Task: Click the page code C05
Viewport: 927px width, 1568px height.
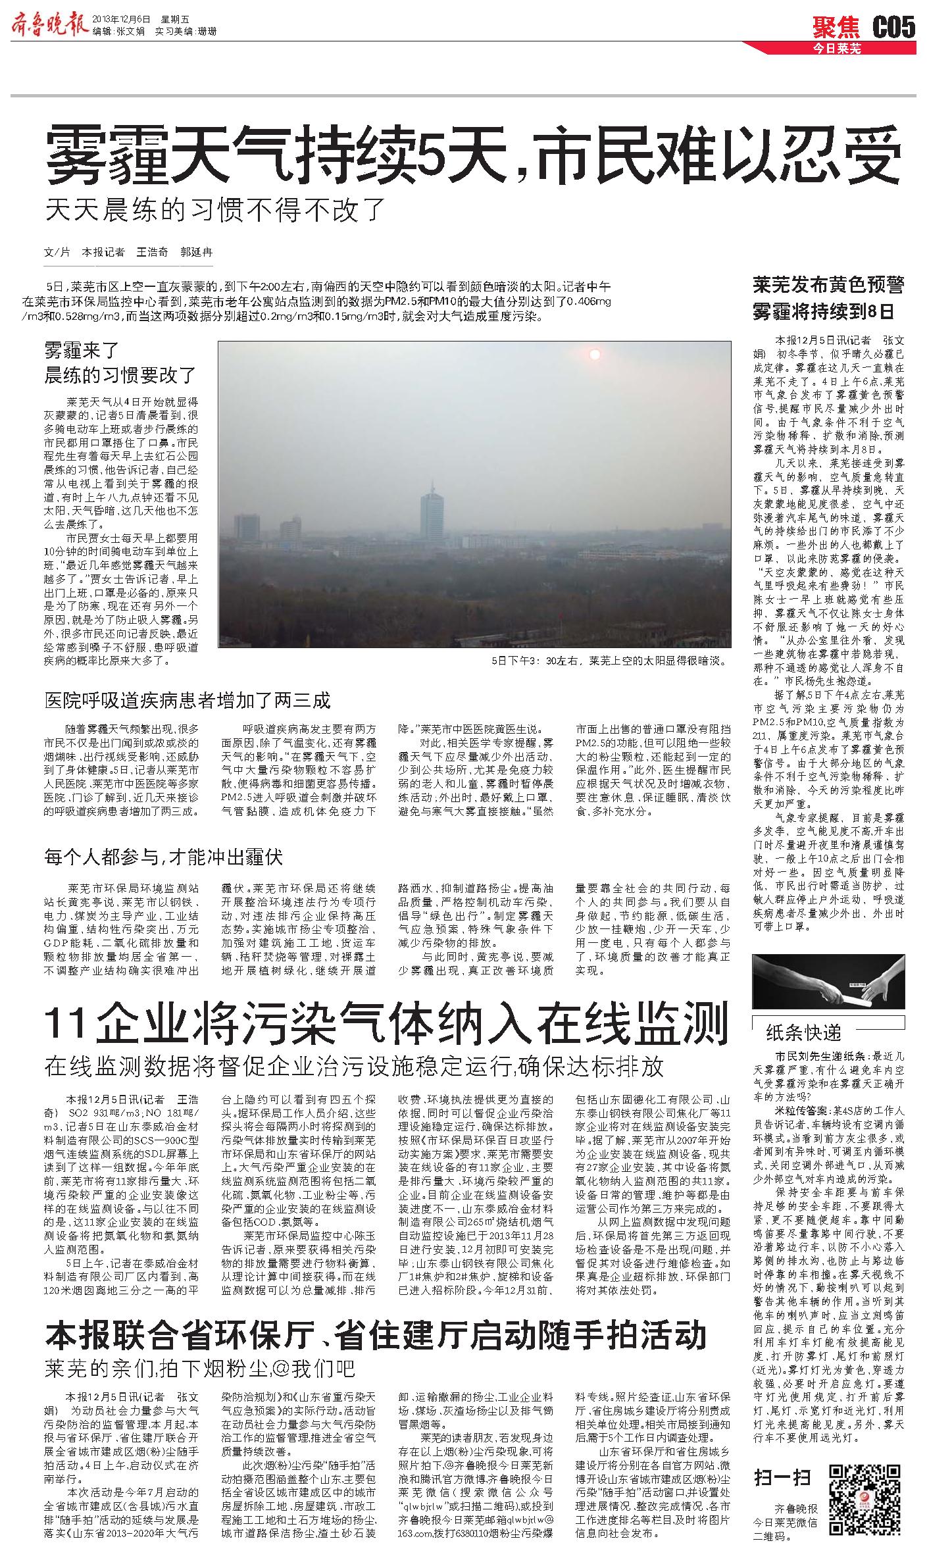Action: (894, 28)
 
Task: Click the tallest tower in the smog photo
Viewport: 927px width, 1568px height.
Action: (432, 513)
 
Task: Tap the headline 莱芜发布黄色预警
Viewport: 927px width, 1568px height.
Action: (828, 285)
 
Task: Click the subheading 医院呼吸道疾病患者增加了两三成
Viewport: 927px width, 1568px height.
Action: (187, 700)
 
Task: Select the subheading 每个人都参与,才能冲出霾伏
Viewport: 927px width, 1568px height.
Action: (163, 857)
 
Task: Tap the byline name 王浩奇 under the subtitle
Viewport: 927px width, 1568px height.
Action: (152, 252)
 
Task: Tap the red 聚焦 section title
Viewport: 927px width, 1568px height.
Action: (836, 28)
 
